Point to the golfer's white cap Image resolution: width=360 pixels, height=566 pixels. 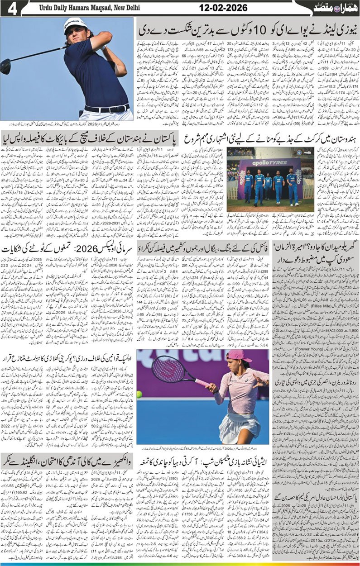coord(74,23)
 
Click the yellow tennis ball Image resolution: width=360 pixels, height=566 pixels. coord(139,394)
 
